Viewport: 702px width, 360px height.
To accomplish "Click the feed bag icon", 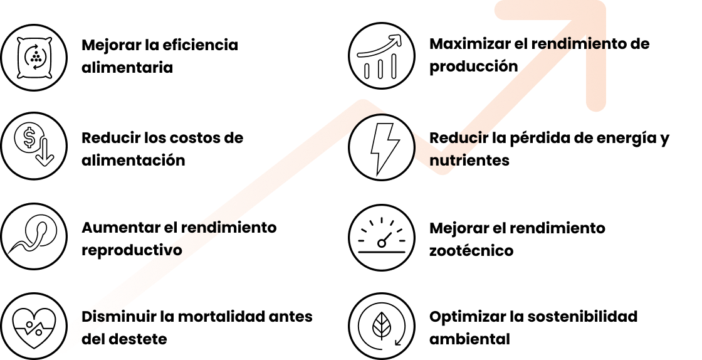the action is point(34,57).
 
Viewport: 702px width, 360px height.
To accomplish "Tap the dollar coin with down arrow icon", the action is point(34,146).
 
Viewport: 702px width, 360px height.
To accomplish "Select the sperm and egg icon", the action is point(34,236).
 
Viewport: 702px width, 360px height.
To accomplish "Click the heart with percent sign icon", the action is point(34,326).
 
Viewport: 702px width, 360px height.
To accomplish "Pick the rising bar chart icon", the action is point(382,56).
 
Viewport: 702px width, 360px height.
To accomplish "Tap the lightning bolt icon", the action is point(382,147).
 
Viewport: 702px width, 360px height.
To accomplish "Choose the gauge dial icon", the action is point(382,237).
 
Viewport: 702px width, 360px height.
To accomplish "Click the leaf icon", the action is point(382,326).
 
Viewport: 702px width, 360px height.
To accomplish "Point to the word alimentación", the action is point(134,160).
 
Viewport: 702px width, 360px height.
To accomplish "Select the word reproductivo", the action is point(132,250).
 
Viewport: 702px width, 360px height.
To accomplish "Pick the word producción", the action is point(474,66).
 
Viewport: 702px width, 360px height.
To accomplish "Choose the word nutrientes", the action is point(469,161).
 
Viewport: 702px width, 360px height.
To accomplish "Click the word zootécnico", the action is point(471,250).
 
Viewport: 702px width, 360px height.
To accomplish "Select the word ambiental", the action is point(469,339).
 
